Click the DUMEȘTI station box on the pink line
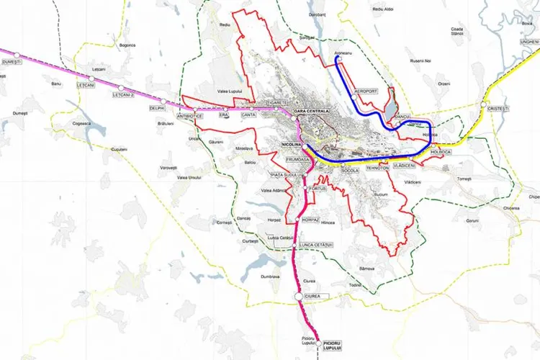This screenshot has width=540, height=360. pos(12,63)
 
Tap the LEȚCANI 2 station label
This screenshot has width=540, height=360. pos(125,94)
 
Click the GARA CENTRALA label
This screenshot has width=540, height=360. pos(310,111)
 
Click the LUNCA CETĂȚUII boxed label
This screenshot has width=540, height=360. pos(315,245)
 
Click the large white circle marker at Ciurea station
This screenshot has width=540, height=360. pos(298,297)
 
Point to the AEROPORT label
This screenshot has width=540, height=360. pos(366,91)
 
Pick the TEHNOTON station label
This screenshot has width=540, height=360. pos(377,167)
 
